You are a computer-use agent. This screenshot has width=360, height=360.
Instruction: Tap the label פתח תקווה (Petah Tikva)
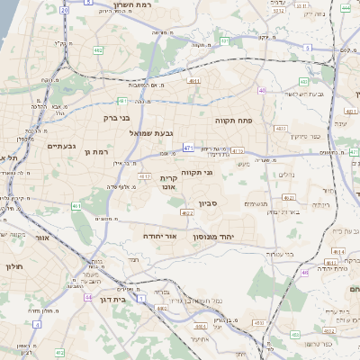coord(231,120)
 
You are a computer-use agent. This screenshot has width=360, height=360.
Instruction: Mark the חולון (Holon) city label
coord(13,267)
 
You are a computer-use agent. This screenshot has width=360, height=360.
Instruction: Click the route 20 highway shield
coord(63,10)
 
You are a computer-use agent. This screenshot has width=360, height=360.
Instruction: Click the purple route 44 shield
coord(88,296)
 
